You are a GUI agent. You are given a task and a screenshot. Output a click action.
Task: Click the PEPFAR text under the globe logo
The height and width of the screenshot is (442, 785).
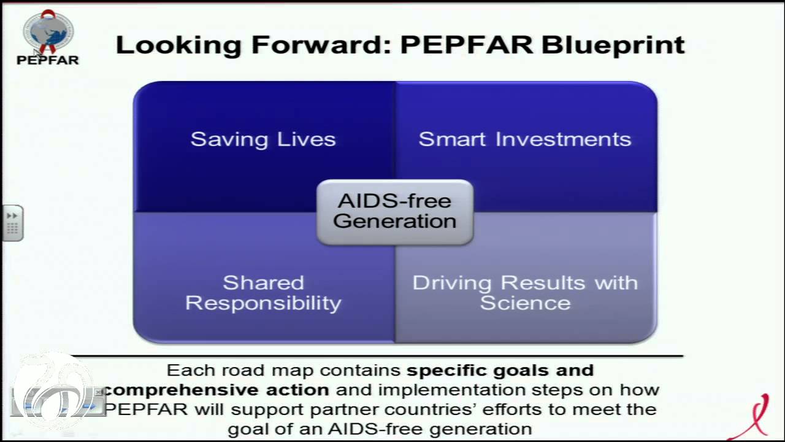48,60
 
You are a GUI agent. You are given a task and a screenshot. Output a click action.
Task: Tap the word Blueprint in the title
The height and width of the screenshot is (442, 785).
613,46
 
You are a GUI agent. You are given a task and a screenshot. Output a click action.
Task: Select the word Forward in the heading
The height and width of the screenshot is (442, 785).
321,45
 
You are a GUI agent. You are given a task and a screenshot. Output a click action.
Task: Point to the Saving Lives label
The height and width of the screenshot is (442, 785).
263,139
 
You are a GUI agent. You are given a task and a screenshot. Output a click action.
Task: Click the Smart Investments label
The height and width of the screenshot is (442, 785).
525,139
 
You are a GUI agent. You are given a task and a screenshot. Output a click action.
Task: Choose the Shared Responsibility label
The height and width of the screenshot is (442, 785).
263,293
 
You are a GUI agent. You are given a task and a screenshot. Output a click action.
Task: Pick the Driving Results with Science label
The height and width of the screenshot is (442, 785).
525,293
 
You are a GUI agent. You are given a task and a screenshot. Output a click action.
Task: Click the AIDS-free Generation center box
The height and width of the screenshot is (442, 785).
395,212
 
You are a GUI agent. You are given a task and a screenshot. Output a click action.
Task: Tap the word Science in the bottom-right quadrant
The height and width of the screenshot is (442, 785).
525,303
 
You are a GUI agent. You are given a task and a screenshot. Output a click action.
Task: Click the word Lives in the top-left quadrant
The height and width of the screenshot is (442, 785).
306,139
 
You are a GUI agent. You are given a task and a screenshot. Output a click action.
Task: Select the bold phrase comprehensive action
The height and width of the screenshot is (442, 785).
216,390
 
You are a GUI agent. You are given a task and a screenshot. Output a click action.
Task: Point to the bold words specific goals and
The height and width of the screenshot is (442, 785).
500,371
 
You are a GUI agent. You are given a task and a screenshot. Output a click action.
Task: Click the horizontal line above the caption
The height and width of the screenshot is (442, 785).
377,356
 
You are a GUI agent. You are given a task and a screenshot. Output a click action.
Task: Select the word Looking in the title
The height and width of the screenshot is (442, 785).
178,46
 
